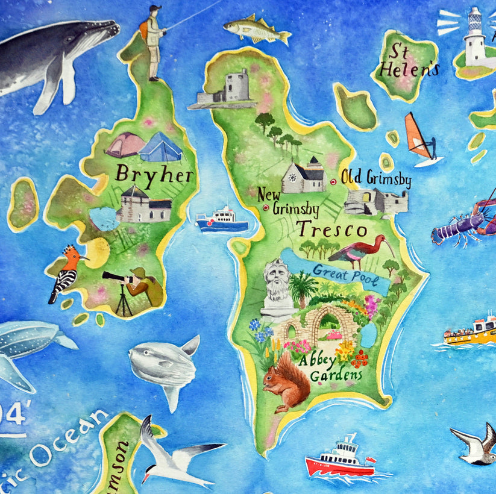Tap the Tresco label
pos(331,230)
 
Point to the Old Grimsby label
pos(376,178)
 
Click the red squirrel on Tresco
pos(286,382)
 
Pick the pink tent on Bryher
pos(125,145)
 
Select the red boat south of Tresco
pos(339,460)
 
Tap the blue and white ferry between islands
pos(222,220)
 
